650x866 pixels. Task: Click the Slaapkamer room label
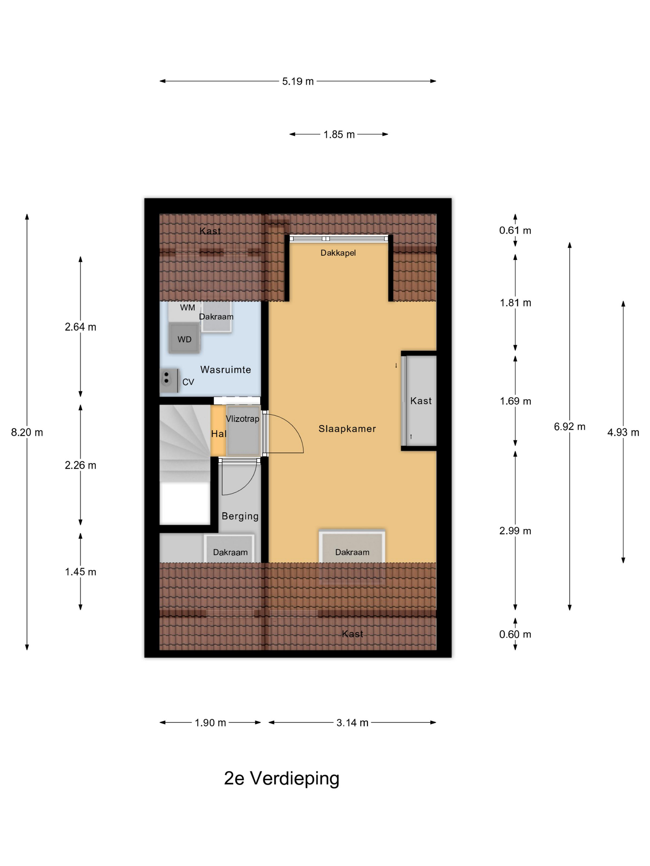(x=347, y=429)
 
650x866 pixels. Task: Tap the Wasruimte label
(x=226, y=370)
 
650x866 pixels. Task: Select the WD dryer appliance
(x=184, y=338)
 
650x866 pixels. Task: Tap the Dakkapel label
(x=338, y=253)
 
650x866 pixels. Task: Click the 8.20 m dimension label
(x=27, y=432)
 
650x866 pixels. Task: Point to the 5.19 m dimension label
(x=298, y=81)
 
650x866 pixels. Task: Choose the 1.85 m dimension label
(x=339, y=135)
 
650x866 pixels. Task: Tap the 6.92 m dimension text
(x=569, y=427)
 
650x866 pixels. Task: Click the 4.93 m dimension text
(x=623, y=432)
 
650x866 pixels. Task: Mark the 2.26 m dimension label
(x=80, y=465)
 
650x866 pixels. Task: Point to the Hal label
(x=219, y=434)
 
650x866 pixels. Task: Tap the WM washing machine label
(x=187, y=308)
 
